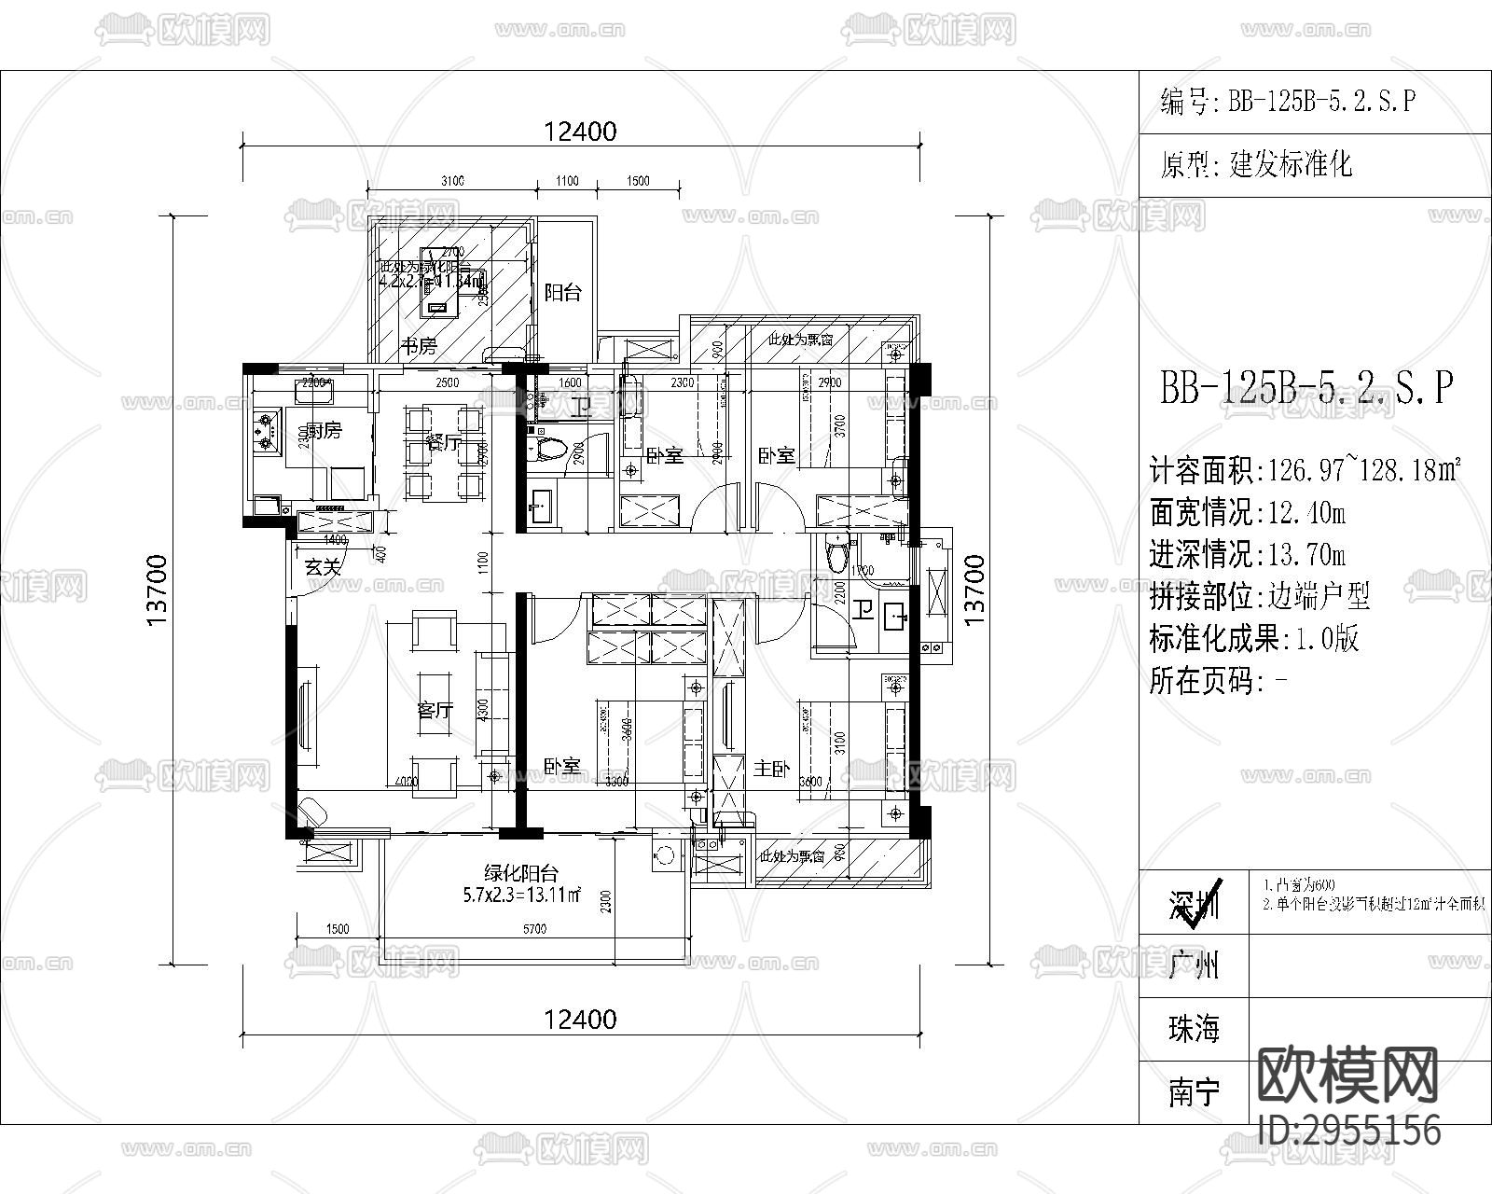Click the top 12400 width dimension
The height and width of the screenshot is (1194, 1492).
[580, 132]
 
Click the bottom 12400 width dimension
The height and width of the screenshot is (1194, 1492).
[580, 1019]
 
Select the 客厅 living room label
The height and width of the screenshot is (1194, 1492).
[435, 710]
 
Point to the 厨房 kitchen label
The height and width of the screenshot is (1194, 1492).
[324, 430]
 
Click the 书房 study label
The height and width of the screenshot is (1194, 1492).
[419, 347]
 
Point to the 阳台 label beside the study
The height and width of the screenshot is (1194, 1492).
[562, 292]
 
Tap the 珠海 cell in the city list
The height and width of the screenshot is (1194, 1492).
[1194, 1029]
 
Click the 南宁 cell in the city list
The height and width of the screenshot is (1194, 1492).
[1194, 1091]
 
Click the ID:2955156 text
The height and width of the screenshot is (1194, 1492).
[1348, 1130]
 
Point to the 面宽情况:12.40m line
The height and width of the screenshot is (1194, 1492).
[1248, 512]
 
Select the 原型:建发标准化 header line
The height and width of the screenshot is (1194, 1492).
[1255, 166]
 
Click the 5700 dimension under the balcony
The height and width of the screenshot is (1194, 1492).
[534, 928]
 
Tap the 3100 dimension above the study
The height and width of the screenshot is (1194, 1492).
[452, 181]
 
